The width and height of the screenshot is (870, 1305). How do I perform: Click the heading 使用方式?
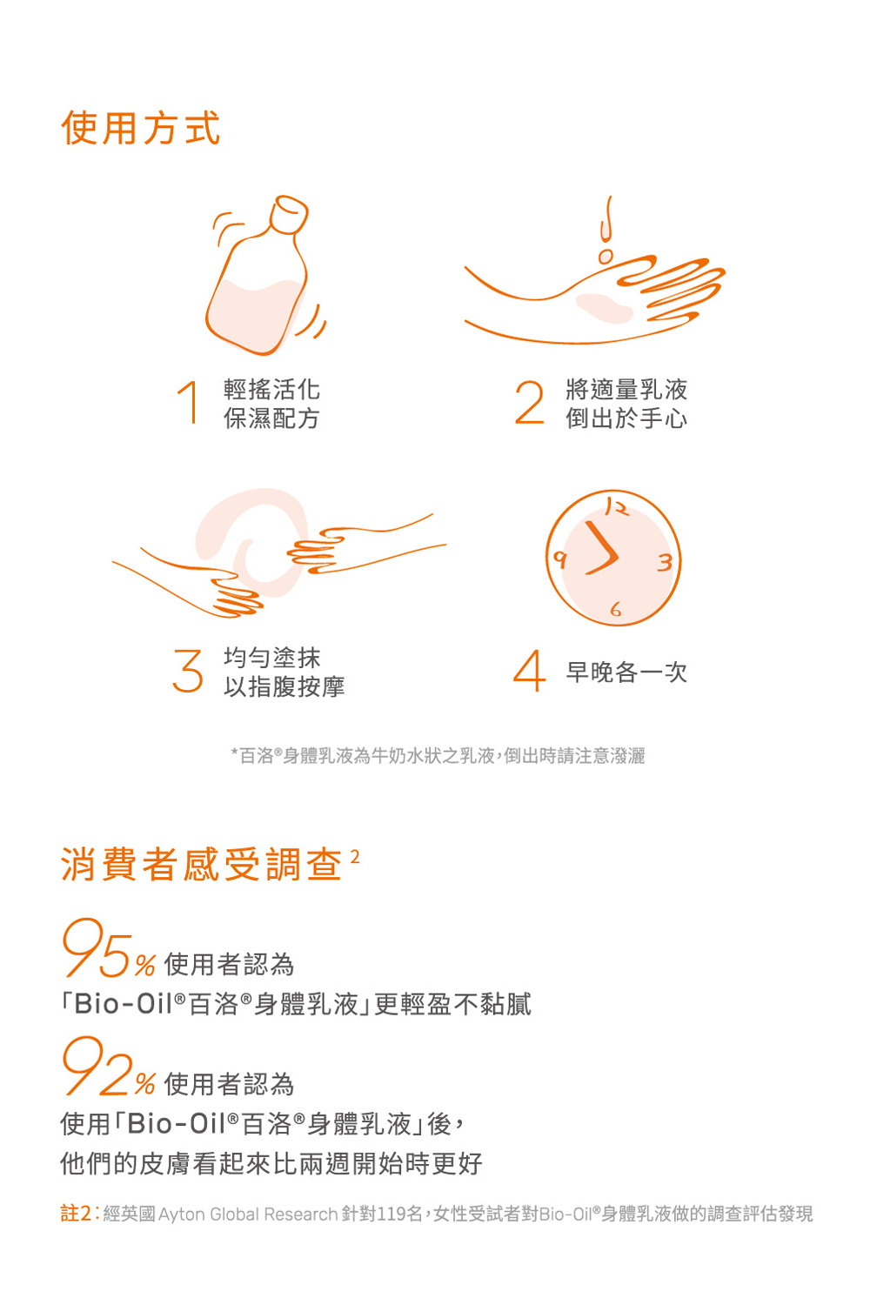tap(141, 128)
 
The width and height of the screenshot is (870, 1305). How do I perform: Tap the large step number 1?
tap(189, 402)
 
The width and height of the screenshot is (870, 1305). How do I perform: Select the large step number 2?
tap(529, 402)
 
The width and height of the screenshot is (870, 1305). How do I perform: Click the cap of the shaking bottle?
tap(289, 214)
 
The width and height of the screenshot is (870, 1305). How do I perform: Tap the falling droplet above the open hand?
tap(606, 257)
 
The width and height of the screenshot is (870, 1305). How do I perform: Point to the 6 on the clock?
tap(616, 609)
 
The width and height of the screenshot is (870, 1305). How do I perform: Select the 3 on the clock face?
tap(665, 562)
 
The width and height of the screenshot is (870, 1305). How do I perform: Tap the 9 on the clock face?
tap(559, 559)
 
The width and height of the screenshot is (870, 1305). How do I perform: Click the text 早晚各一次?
tap(626, 672)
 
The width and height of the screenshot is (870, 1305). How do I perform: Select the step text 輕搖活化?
tap(271, 389)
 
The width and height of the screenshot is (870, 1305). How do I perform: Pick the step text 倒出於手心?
tap(626, 418)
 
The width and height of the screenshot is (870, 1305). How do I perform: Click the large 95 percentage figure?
tap(97, 948)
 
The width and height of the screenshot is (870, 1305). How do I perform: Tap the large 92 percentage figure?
tap(97, 1067)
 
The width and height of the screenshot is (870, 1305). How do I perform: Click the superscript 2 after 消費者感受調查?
tap(355, 857)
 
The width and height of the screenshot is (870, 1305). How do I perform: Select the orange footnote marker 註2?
tap(77, 1214)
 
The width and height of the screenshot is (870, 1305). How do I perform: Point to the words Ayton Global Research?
tap(248, 1215)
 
